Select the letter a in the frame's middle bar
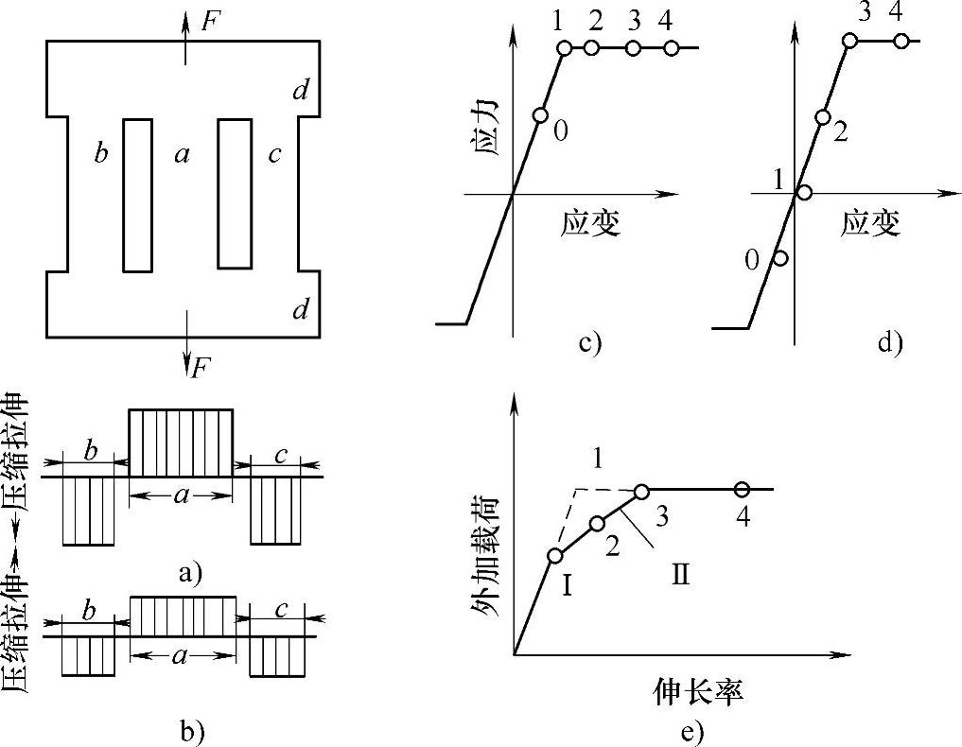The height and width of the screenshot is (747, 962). [184, 154]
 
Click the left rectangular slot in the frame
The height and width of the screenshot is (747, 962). [137, 195]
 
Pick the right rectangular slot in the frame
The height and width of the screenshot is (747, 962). [234, 194]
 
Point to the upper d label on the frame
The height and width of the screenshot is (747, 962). [300, 91]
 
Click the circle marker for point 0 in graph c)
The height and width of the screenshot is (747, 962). [540, 115]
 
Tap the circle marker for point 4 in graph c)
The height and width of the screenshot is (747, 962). [671, 47]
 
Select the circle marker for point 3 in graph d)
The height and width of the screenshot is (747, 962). [849, 41]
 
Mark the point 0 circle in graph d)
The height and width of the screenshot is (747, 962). [780, 257]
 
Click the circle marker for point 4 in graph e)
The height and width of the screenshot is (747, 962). [742, 489]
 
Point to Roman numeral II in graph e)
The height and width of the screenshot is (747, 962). [680, 573]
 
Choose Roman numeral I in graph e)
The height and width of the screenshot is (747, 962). [568, 585]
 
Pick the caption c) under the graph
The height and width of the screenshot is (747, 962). [590, 342]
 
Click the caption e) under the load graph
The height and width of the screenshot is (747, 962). [691, 730]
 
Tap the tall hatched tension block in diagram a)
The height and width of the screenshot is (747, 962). [180, 443]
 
